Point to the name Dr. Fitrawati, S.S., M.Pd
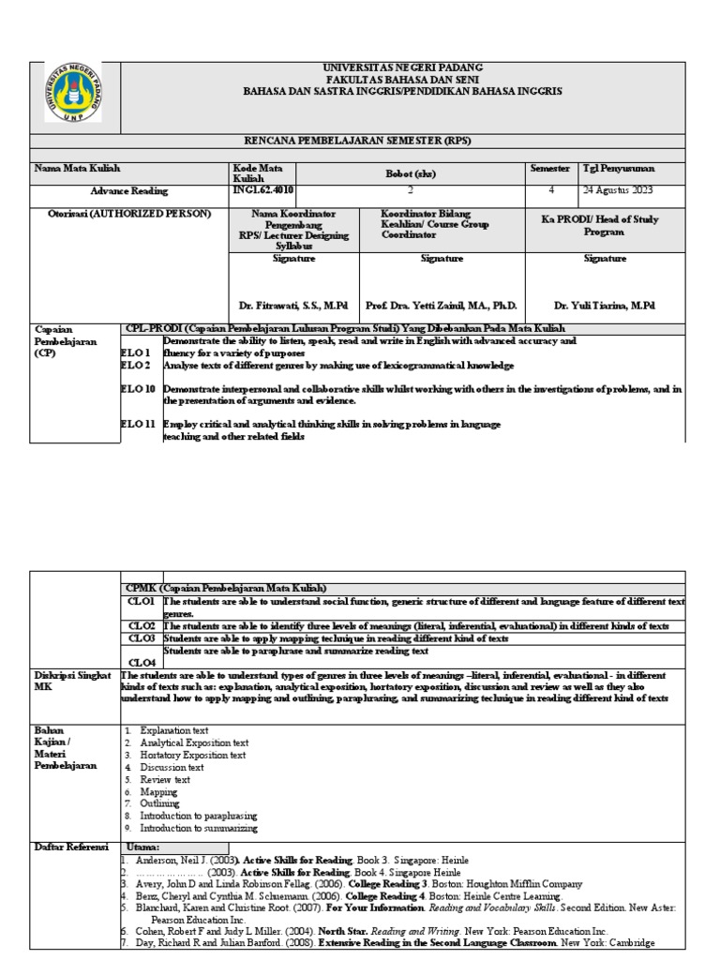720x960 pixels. click(x=288, y=305)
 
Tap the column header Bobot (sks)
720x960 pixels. click(x=411, y=173)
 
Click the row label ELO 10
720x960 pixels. click(x=138, y=388)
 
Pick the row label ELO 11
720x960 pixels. click(x=138, y=425)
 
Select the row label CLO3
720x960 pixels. click(x=141, y=637)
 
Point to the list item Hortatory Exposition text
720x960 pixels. click(x=193, y=755)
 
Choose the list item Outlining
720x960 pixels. click(x=159, y=803)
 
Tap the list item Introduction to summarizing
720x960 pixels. click(x=199, y=828)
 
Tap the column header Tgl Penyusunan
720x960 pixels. click(x=620, y=169)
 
